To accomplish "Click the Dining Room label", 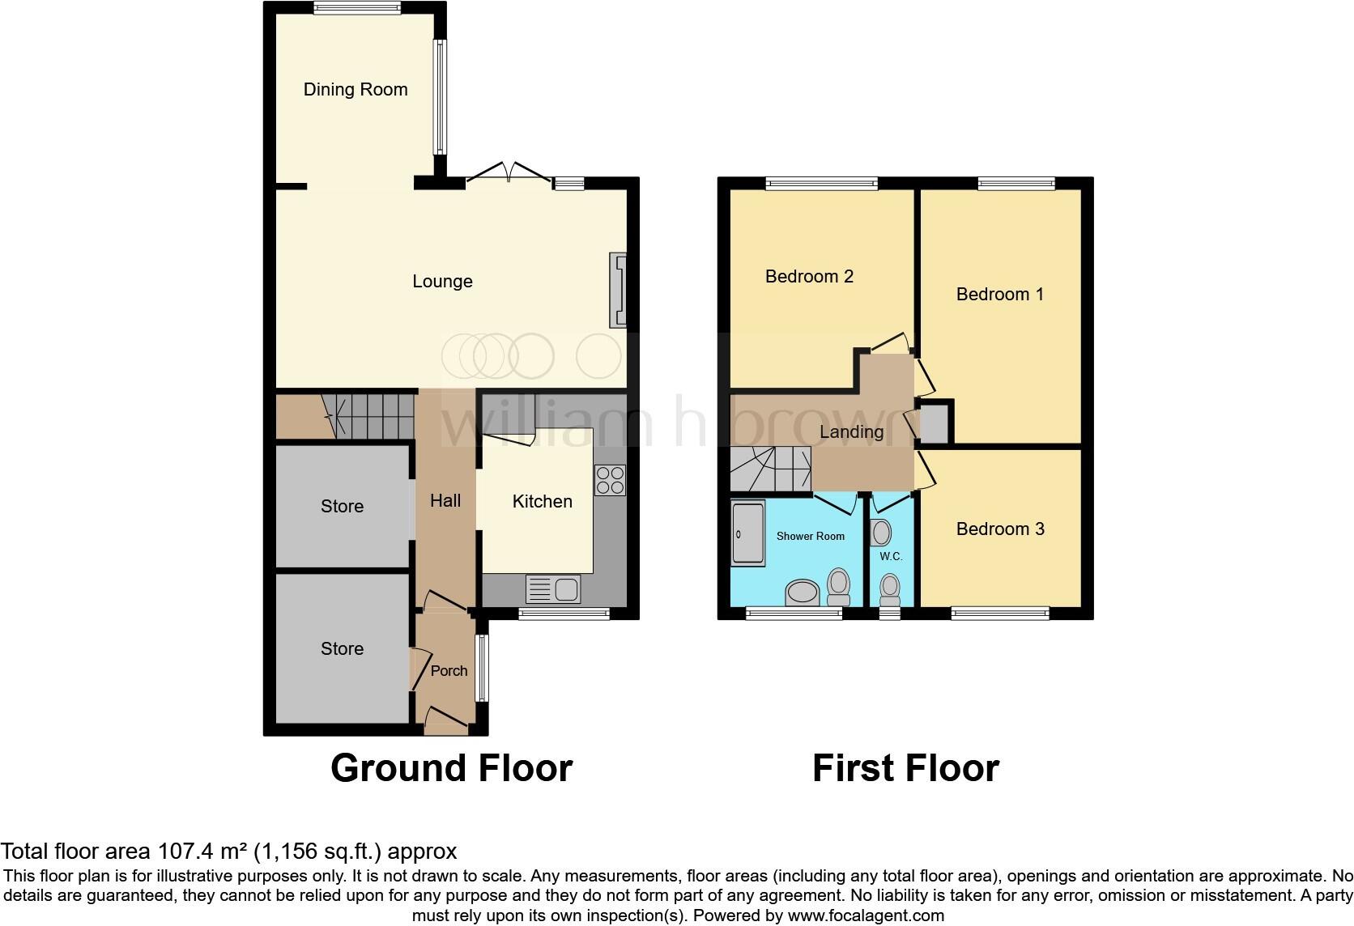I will (x=356, y=90).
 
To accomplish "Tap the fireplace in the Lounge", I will (x=619, y=291).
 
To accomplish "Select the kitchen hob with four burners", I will (x=610, y=479).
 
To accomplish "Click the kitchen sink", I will (x=553, y=589).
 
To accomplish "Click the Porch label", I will (x=449, y=671).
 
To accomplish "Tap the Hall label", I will (x=445, y=501).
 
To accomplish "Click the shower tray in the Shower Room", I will (x=747, y=533).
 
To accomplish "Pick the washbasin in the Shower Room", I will (x=803, y=593).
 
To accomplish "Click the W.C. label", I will (x=891, y=557).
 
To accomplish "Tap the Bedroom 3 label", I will (x=1000, y=529).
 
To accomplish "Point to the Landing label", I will (x=851, y=432).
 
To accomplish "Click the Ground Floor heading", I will (x=451, y=768).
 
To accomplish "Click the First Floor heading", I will (x=905, y=768).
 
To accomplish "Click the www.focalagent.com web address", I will (x=866, y=916).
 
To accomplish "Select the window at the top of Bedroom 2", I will (x=821, y=184).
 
